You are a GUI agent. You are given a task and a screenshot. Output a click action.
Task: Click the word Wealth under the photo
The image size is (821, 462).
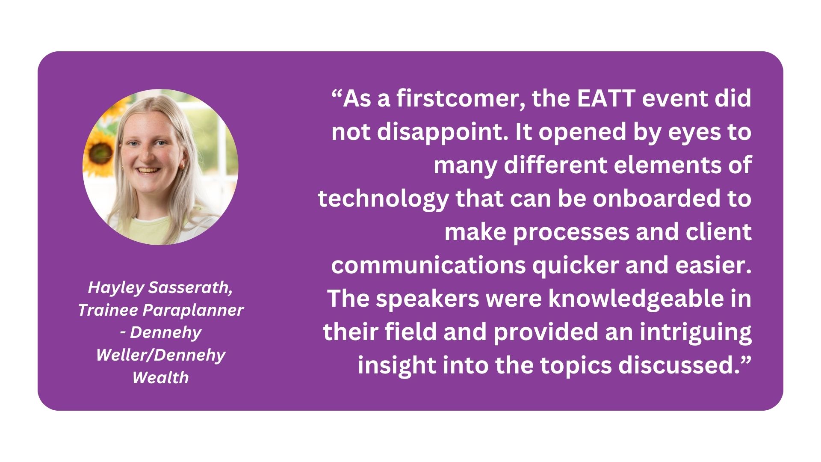click(x=160, y=378)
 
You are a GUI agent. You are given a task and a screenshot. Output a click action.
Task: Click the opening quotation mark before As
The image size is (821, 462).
click(x=337, y=94)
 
